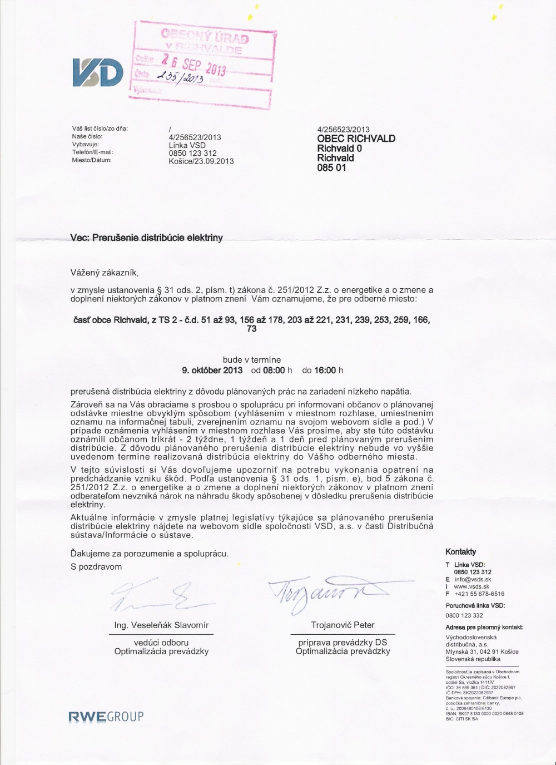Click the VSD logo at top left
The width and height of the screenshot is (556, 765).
pyautogui.click(x=98, y=72)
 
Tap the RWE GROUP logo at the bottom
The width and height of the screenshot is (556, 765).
pyautogui.click(x=106, y=717)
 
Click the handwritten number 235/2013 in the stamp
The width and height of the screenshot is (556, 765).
pyautogui.click(x=181, y=78)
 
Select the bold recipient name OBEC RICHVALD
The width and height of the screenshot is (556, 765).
pyautogui.click(x=356, y=139)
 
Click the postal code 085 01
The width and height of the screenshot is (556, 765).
pyautogui.click(x=331, y=167)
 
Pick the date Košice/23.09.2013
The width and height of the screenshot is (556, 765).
pyautogui.click(x=201, y=161)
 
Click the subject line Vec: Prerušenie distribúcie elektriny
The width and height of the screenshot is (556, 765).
pyautogui.click(x=146, y=238)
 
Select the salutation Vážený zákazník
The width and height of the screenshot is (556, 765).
pyautogui.click(x=104, y=273)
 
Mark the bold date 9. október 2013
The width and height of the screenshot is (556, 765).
pyautogui.click(x=212, y=370)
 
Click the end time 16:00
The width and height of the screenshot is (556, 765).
pyautogui.click(x=325, y=370)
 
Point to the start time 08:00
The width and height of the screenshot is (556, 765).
pyautogui.click(x=274, y=370)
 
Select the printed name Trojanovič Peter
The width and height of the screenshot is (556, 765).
pyautogui.click(x=343, y=625)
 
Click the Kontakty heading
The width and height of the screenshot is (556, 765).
pyautogui.click(x=460, y=552)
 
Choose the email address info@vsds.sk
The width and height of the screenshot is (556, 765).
pyautogui.click(x=473, y=579)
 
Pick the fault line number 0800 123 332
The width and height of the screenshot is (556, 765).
pyautogui.click(x=464, y=615)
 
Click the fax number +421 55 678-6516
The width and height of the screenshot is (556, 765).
pyautogui.click(x=479, y=594)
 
